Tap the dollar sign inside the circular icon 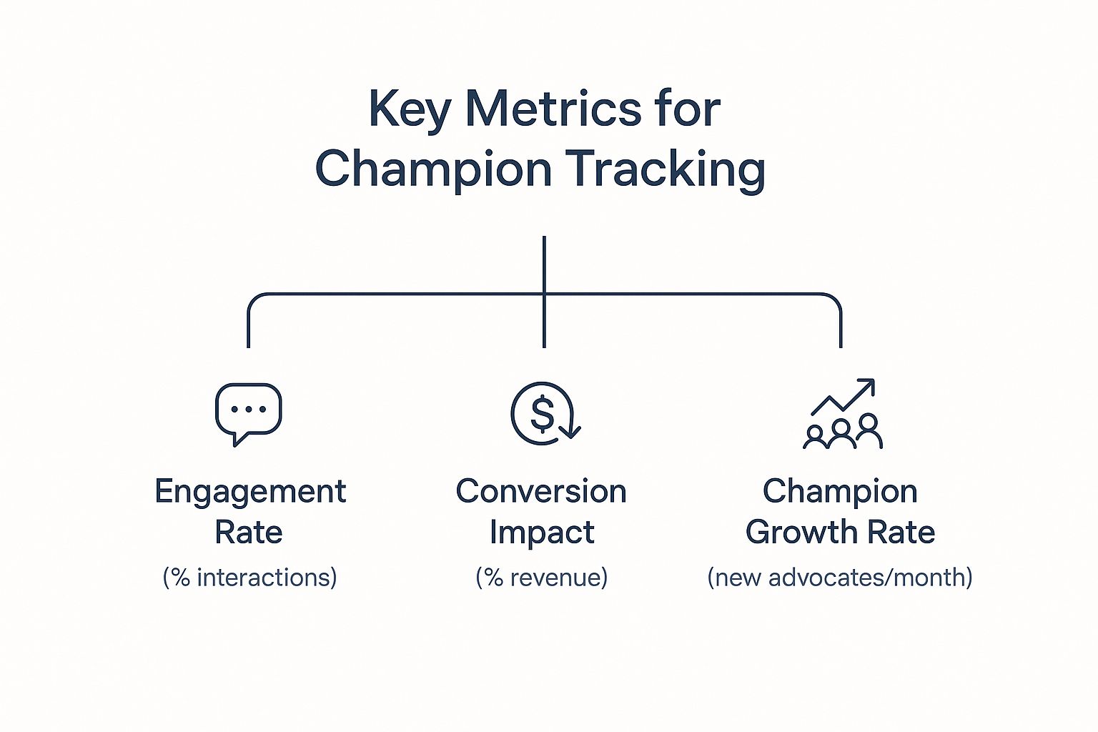click(542, 414)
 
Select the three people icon click(843, 432)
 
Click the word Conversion click(541, 491)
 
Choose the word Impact click(542, 534)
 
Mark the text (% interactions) click(250, 577)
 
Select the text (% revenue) click(542, 577)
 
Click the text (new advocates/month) click(840, 577)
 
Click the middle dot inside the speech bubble click(249, 410)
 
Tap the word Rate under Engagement click(249, 533)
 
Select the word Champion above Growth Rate click(840, 493)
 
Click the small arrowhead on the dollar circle click(570, 432)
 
